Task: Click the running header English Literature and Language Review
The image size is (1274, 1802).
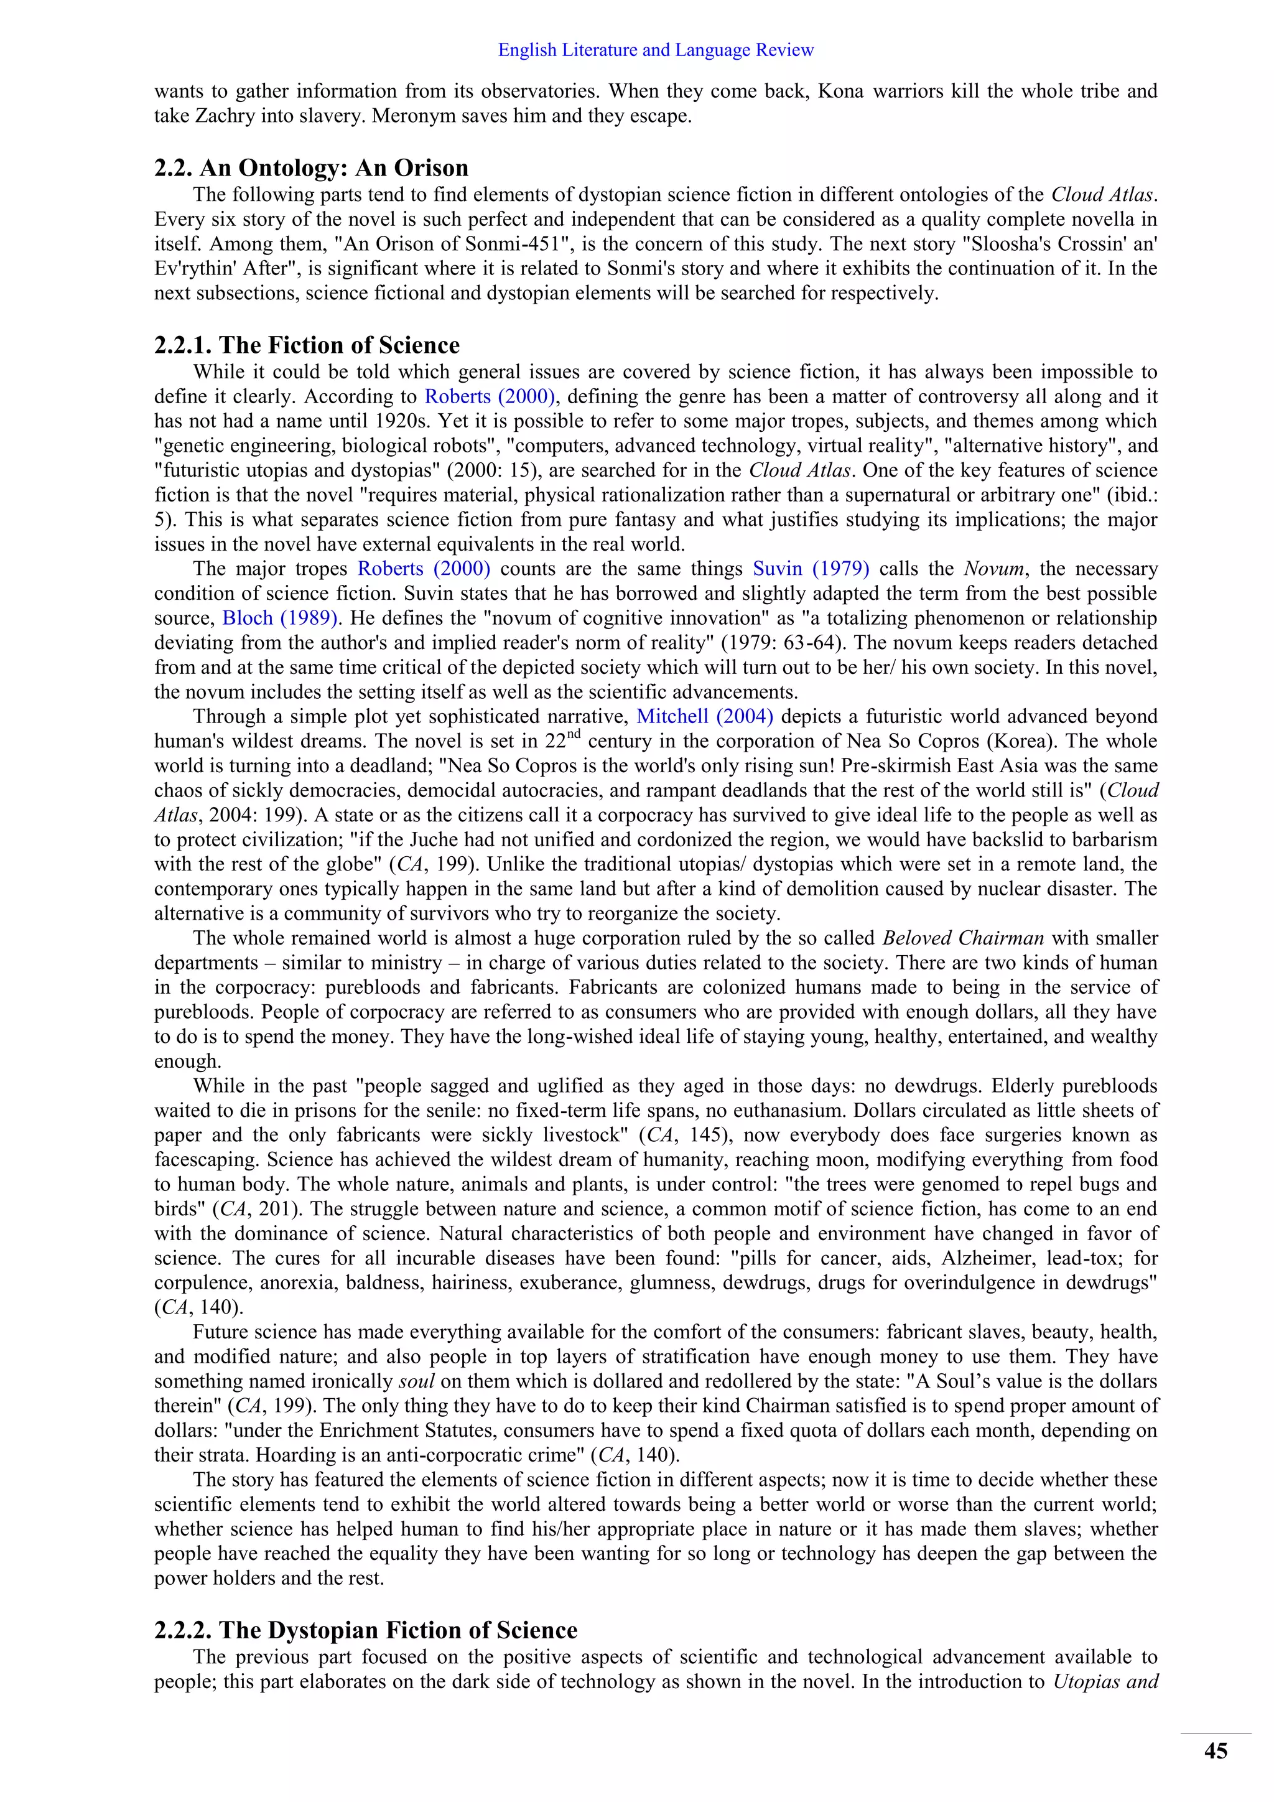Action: click(656, 50)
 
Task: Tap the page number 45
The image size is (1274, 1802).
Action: click(1215, 1750)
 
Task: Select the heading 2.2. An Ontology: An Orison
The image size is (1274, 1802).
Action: click(310, 167)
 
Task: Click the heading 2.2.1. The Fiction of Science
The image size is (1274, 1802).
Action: click(307, 345)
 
